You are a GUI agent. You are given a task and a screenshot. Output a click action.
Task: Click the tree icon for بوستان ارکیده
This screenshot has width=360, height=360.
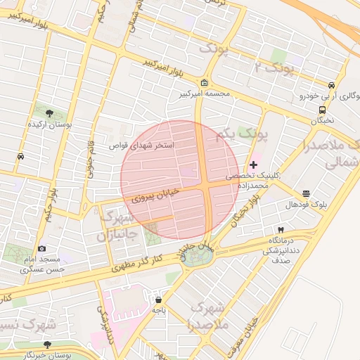49,112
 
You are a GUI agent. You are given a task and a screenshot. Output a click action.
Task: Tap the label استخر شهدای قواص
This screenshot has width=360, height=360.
141,145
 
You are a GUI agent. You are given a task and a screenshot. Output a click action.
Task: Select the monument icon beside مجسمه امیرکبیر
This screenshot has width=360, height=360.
204,82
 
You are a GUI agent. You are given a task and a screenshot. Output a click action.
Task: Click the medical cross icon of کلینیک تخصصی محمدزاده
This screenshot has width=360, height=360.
253,165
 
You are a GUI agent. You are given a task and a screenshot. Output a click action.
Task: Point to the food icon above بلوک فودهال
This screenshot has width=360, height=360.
306,193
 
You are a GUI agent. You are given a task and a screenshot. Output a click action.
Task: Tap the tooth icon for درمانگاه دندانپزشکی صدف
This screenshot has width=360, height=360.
281,230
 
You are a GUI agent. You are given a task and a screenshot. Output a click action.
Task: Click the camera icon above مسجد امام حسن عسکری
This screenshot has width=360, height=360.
42,248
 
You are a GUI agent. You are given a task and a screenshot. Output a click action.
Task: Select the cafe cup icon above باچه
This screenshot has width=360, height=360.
158,299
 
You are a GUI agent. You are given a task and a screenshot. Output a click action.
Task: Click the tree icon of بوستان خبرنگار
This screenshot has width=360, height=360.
47,345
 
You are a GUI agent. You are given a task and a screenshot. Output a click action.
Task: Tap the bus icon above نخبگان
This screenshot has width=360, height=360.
322,110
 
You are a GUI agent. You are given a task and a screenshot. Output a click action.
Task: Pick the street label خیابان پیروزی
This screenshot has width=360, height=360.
156,194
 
